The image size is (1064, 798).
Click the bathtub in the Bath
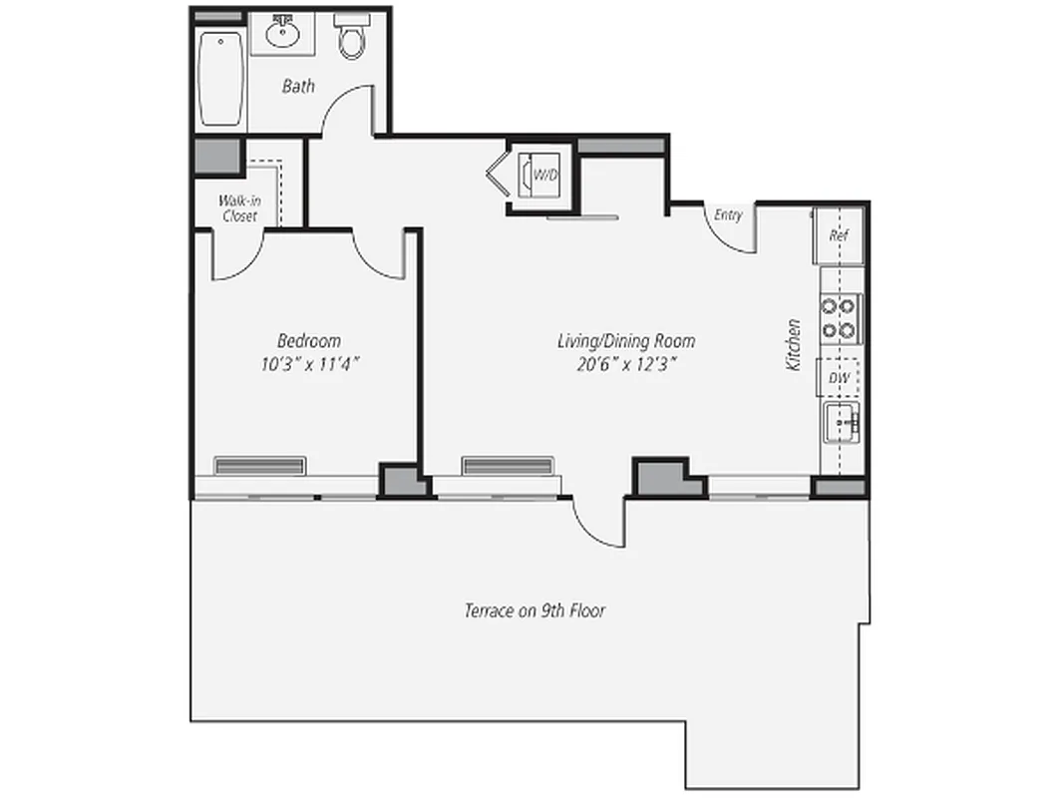[220, 79]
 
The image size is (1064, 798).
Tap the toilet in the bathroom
[350, 38]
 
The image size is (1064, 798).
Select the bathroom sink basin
[283, 36]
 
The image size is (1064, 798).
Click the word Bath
[298, 87]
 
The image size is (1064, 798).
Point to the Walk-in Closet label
[239, 208]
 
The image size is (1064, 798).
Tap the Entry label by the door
[729, 214]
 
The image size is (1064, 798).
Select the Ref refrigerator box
[839, 236]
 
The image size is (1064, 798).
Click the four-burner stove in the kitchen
[840, 318]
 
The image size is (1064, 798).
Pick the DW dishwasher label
[840, 378]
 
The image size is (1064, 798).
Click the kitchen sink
[841, 424]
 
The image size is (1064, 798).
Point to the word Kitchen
[794, 345]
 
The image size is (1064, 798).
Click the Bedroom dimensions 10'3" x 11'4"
[309, 364]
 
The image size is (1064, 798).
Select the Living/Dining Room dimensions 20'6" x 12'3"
[626, 364]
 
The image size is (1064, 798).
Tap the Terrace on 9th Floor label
[534, 610]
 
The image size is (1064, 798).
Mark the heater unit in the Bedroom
[259, 466]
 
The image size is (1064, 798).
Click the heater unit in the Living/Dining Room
[507, 466]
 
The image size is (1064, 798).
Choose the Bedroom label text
[309, 340]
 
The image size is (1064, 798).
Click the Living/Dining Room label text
[626, 341]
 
